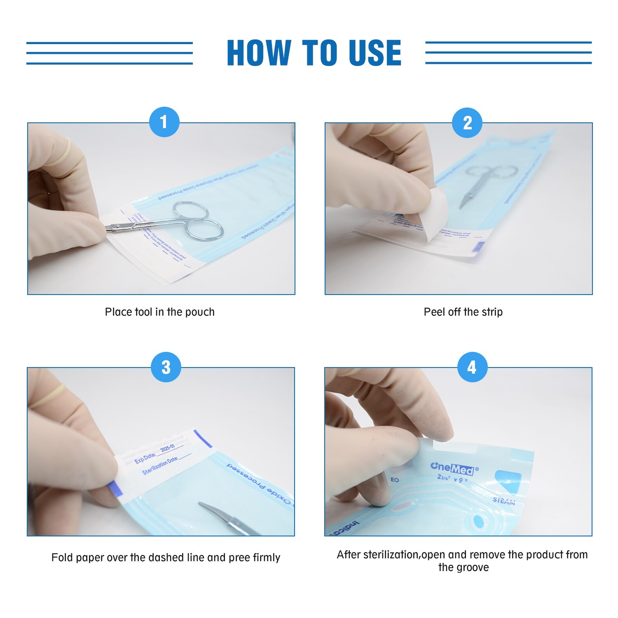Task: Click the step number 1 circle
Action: [x=164, y=122]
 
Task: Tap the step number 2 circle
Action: [x=467, y=123]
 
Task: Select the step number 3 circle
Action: [x=166, y=367]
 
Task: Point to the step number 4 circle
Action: [x=472, y=367]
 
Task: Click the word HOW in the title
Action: [x=259, y=53]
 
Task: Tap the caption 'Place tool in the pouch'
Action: [x=160, y=312]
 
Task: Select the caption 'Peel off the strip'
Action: [x=463, y=312]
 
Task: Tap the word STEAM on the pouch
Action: [x=504, y=501]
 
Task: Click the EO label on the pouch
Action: [x=395, y=480]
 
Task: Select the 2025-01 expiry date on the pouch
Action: [x=167, y=449]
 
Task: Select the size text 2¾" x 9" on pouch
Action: [x=452, y=479]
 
